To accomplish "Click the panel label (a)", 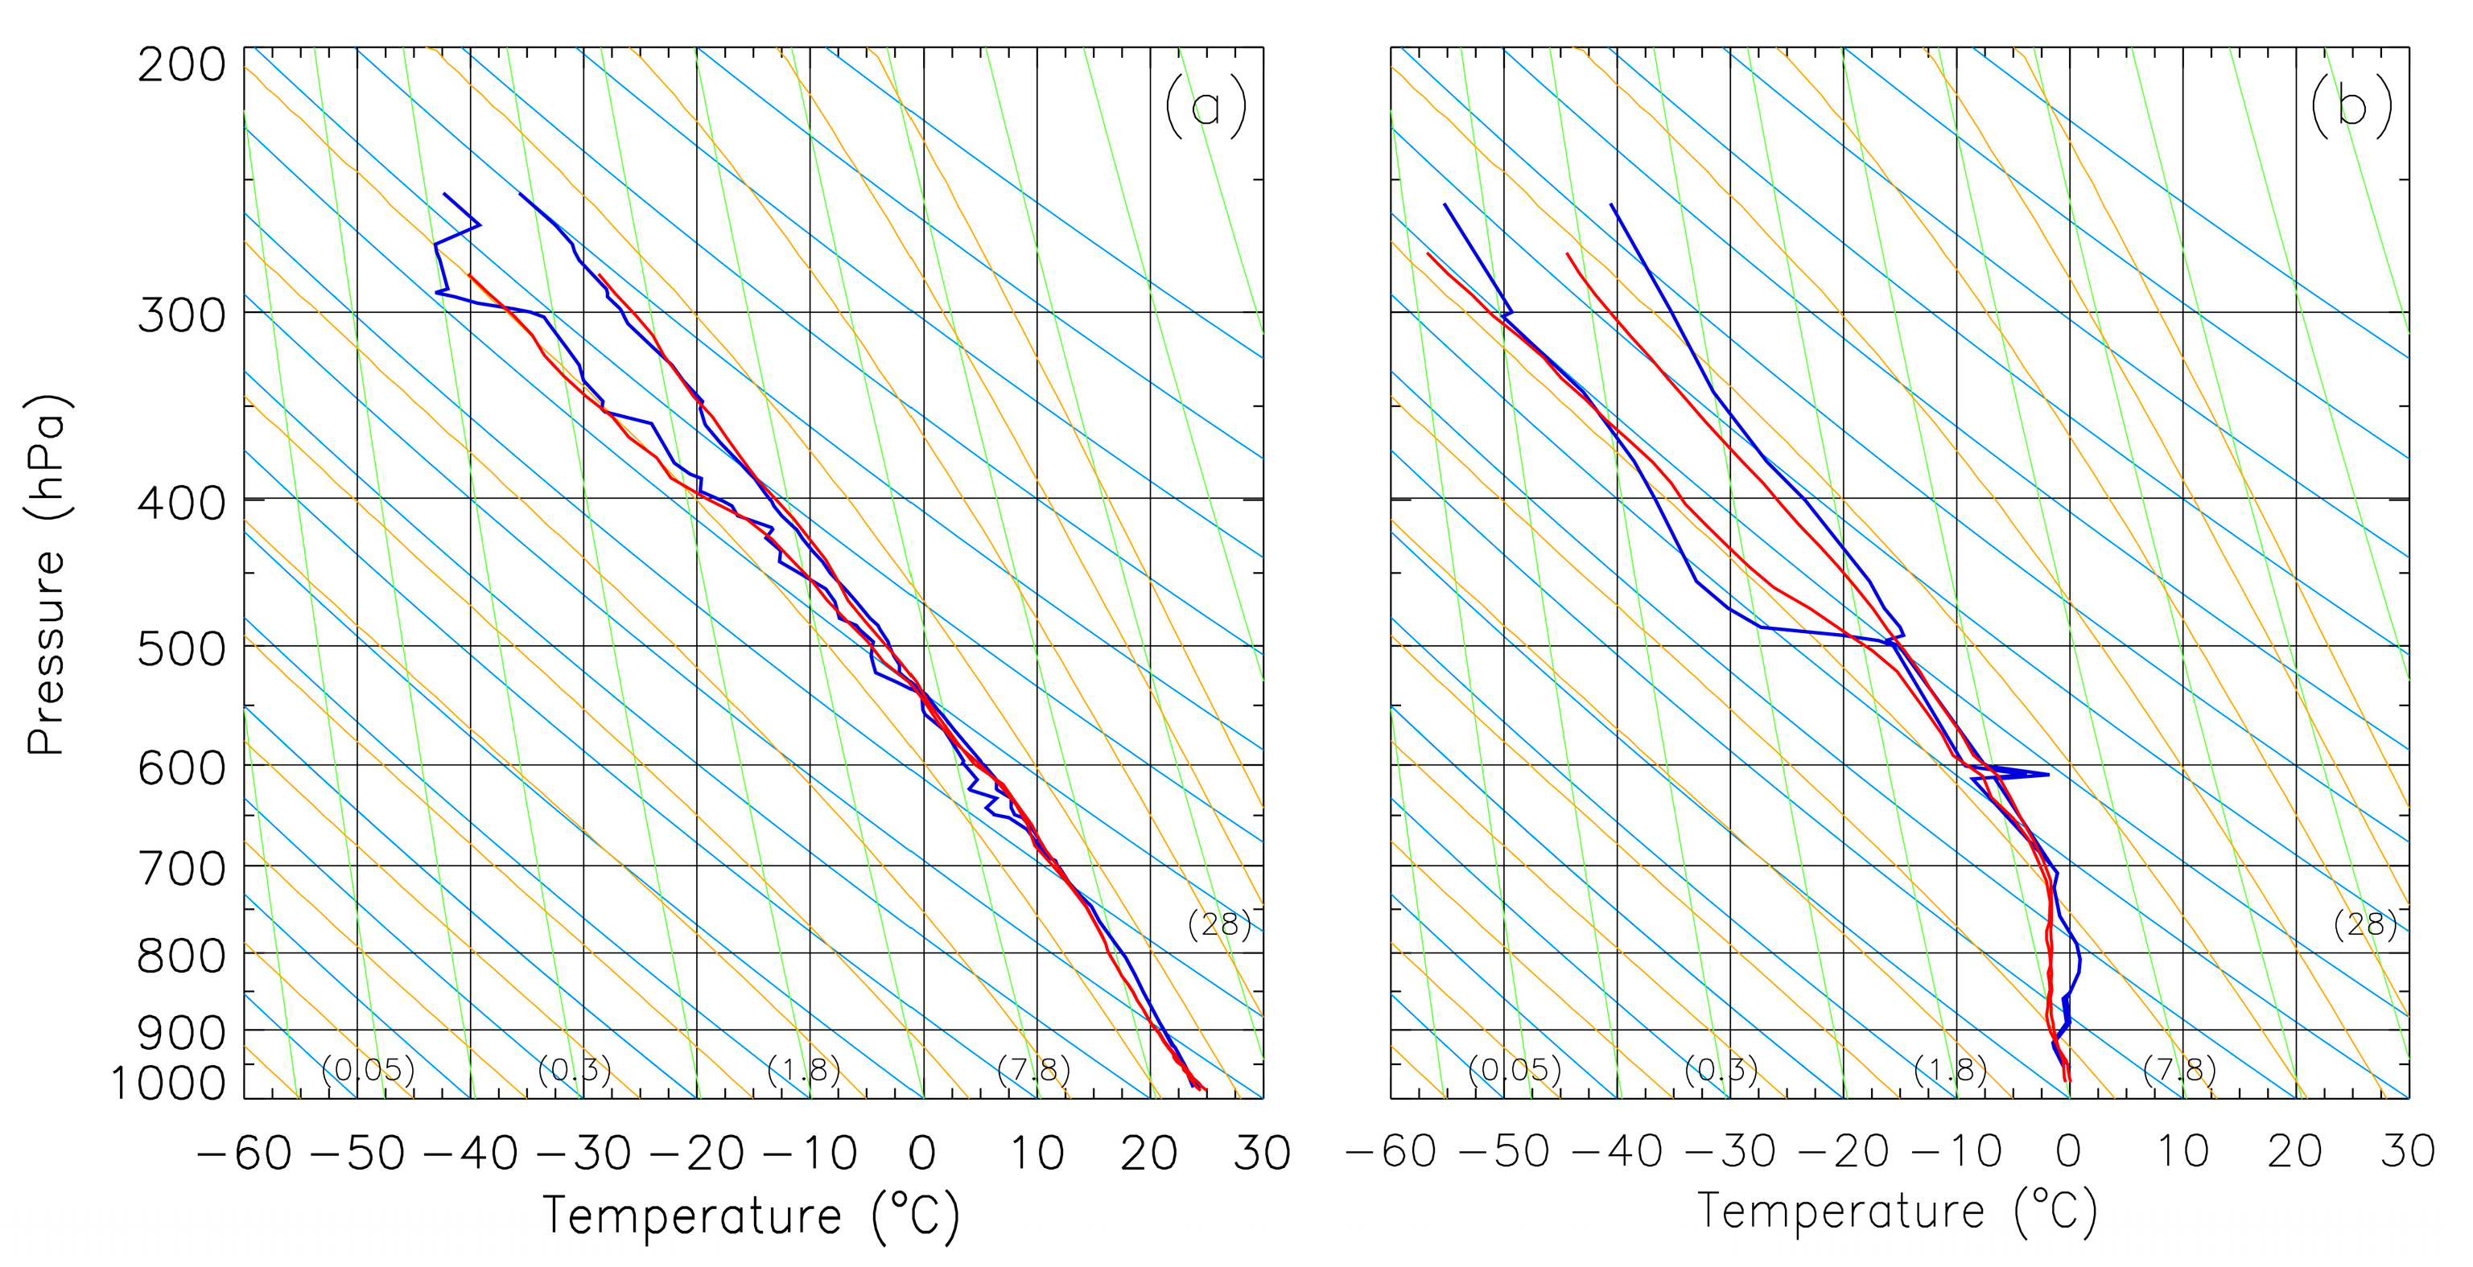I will [x=1206, y=106].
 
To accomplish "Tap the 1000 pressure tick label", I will [x=168, y=1084].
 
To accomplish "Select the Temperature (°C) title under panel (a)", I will [x=751, y=1216].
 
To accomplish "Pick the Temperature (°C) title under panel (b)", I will [x=1897, y=1211].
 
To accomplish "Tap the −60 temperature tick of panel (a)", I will [x=244, y=1153].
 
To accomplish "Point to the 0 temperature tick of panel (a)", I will [x=921, y=1153].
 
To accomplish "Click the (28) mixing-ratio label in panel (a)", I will [x=1219, y=924].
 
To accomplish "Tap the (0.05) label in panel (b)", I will [x=1515, y=1069].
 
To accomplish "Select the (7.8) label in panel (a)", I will [x=1033, y=1069].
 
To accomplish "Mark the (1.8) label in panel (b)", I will [x=1950, y=1069].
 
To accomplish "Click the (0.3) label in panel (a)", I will [x=574, y=1069].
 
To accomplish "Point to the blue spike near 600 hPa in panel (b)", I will [x=2045, y=774].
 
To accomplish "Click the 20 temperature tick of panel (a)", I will [x=1149, y=1153].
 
